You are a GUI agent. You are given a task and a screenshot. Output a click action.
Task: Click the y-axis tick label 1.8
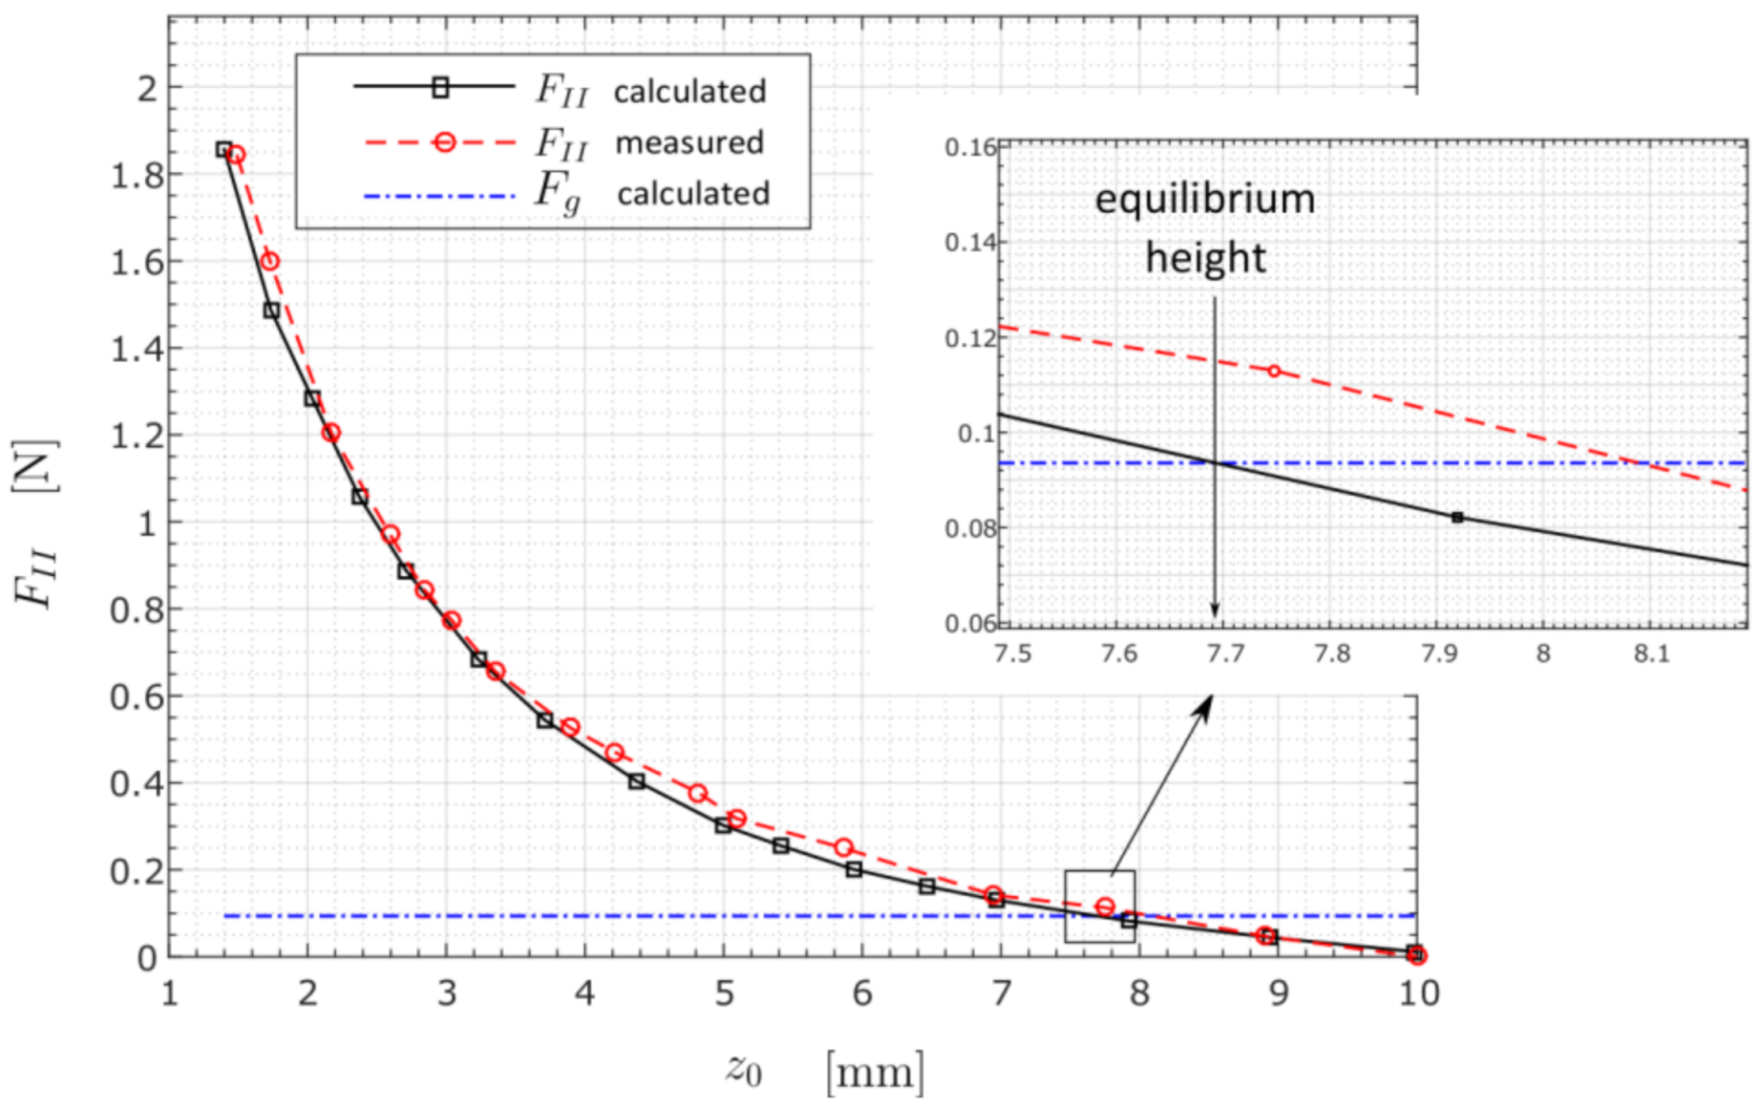click(x=137, y=176)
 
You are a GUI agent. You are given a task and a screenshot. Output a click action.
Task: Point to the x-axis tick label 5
click(x=724, y=994)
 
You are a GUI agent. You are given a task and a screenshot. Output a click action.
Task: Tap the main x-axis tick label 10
click(x=1418, y=994)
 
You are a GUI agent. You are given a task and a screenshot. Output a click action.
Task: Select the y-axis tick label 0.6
click(x=137, y=697)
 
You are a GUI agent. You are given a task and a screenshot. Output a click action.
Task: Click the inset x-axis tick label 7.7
click(x=1225, y=654)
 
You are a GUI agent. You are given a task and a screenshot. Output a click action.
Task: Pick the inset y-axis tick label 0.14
click(x=969, y=243)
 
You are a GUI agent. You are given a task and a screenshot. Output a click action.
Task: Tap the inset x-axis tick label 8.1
click(x=1650, y=654)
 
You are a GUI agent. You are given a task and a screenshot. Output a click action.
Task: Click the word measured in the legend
click(x=689, y=143)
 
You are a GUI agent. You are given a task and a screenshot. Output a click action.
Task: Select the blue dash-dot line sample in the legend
click(x=439, y=197)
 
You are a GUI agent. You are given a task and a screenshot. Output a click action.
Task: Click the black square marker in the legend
click(x=440, y=88)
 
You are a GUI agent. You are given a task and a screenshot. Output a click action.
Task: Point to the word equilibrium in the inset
click(x=1204, y=200)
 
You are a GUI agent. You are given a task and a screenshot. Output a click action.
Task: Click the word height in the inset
click(x=1205, y=258)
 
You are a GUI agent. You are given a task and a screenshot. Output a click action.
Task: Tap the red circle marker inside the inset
click(x=1274, y=371)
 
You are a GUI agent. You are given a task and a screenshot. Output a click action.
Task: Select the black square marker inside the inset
click(x=1457, y=518)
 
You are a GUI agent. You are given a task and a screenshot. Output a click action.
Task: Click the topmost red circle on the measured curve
click(x=236, y=155)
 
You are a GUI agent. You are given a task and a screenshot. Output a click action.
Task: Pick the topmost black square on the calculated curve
click(x=223, y=149)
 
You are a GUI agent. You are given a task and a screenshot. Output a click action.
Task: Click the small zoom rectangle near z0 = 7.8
click(x=1100, y=906)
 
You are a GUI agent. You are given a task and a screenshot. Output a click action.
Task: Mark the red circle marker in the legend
click(x=444, y=143)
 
